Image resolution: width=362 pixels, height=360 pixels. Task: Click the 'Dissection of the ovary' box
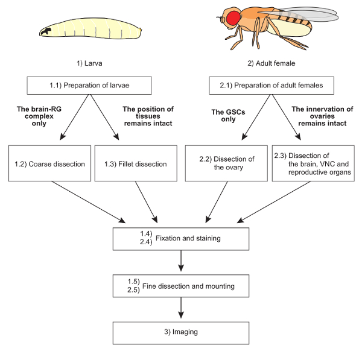[225, 163]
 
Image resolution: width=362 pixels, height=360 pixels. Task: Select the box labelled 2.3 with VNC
[312, 163]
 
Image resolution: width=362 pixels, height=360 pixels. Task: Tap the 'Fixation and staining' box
[181, 238]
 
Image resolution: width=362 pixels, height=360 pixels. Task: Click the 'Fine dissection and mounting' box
[181, 285]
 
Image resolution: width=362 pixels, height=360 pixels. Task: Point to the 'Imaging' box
[181, 332]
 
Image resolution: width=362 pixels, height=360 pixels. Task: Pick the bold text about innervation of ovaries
[319, 116]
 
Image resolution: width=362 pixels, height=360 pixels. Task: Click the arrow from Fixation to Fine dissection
[181, 261]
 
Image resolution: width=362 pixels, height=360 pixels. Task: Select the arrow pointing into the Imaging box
[181, 308]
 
